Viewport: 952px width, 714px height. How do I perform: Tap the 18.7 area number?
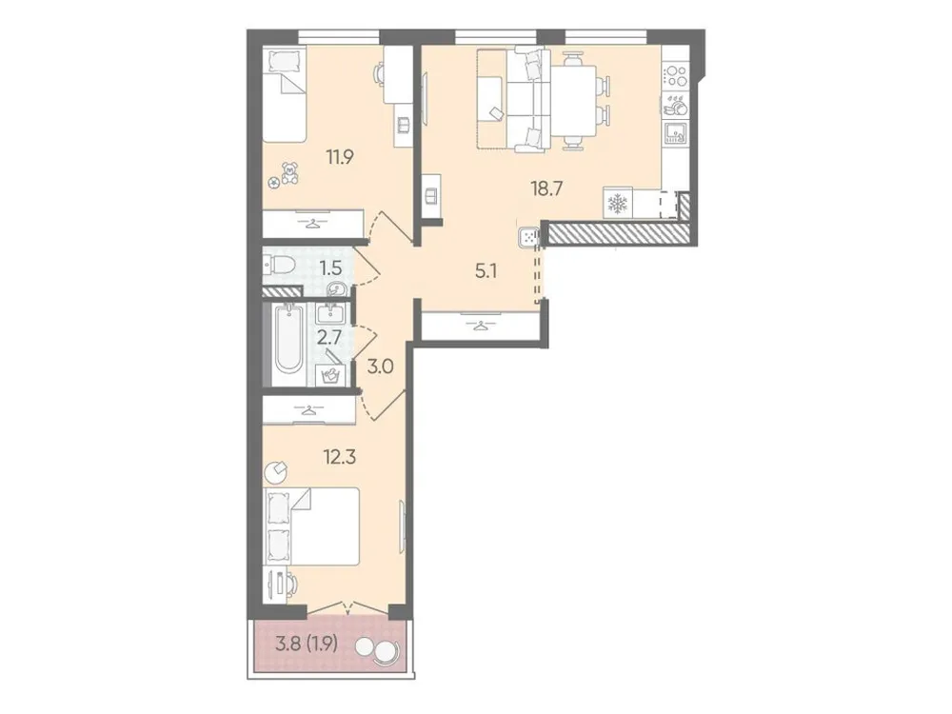(548, 188)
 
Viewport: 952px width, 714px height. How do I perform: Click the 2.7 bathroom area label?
(329, 335)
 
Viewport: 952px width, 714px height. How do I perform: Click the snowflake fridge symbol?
(617, 204)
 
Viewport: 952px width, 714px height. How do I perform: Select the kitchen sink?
(676, 131)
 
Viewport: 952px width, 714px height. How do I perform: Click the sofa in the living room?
(522, 100)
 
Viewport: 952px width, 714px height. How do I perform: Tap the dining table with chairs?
(576, 98)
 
